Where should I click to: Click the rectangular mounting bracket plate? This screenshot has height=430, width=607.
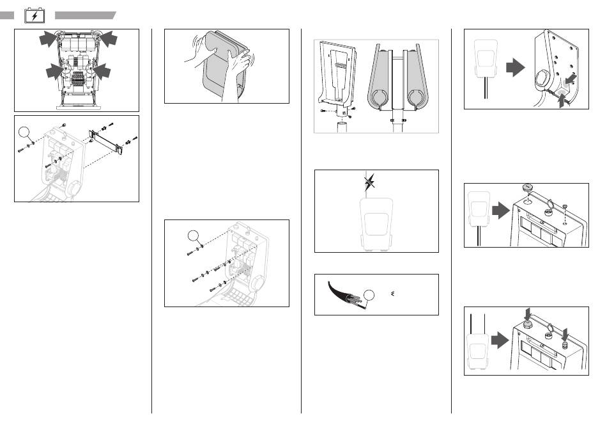(106, 141)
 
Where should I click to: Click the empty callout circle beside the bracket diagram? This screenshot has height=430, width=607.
(25, 132)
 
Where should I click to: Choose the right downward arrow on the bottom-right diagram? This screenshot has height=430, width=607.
(564, 333)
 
